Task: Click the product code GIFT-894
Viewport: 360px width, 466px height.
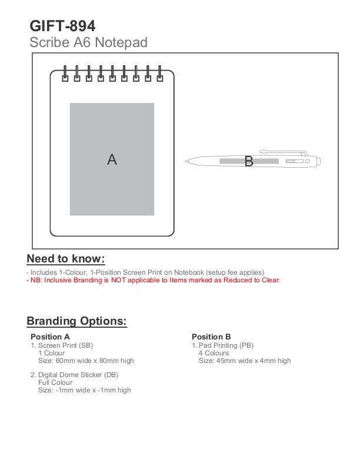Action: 62,26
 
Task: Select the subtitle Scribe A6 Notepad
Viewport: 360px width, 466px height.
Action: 88,42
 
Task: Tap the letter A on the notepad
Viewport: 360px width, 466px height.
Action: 112,159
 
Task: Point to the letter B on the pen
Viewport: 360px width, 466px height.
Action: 248,161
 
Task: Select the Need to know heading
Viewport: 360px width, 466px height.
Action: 66,259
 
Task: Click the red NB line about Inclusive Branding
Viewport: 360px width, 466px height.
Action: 154,280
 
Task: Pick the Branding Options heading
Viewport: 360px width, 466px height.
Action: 76,321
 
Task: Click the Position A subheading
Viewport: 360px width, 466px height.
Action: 50,337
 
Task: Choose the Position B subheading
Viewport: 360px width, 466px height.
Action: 211,337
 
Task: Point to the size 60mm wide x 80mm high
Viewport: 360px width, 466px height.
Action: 86,361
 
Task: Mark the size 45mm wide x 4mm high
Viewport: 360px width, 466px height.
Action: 245,361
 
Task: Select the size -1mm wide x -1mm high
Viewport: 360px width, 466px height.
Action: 85,390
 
